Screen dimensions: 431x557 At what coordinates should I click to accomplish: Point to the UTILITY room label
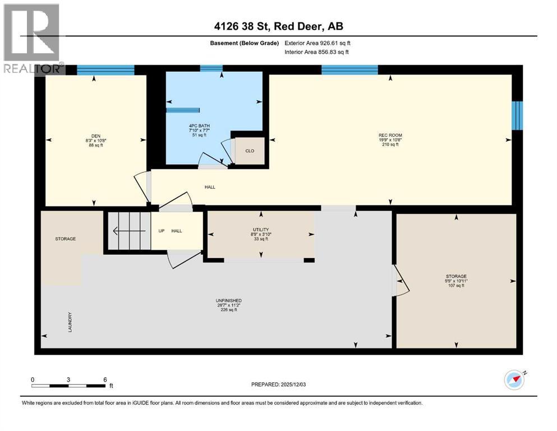pyautogui.click(x=261, y=230)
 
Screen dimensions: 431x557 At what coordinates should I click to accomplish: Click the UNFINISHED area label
pyautogui.click(x=228, y=301)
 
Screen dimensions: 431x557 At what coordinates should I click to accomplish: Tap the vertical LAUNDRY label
pyautogui.click(x=70, y=322)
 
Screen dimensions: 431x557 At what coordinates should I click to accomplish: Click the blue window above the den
pyautogui.click(x=105, y=70)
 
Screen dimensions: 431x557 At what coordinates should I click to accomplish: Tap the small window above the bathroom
pyautogui.click(x=211, y=68)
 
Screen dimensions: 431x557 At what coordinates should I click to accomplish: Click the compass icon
pyautogui.click(x=514, y=380)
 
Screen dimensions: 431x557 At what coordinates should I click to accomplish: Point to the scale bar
pyautogui.click(x=68, y=386)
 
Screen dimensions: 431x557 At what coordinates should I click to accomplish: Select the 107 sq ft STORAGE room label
pyautogui.click(x=456, y=281)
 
